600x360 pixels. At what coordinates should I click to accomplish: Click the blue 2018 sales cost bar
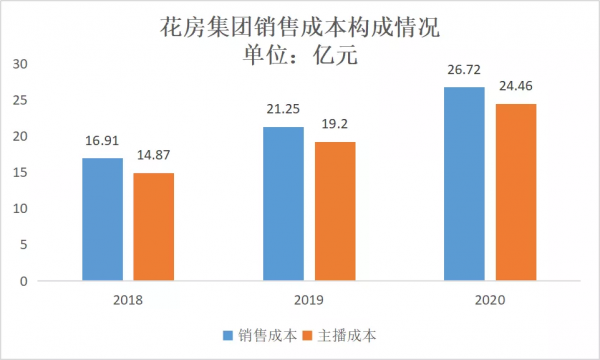tap(103, 219)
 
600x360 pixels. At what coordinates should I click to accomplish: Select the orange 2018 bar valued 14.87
tap(154, 227)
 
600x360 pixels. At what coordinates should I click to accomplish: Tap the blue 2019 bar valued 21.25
tap(283, 204)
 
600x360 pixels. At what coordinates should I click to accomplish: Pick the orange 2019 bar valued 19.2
tap(335, 211)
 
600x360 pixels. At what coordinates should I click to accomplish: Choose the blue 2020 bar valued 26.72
tap(464, 184)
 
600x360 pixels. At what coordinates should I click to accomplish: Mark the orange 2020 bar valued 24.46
tap(516, 192)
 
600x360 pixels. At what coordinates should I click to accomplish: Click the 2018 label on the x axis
tap(128, 300)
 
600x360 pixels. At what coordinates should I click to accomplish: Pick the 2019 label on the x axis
tap(309, 300)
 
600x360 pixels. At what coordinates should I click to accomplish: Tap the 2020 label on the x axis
tap(490, 300)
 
